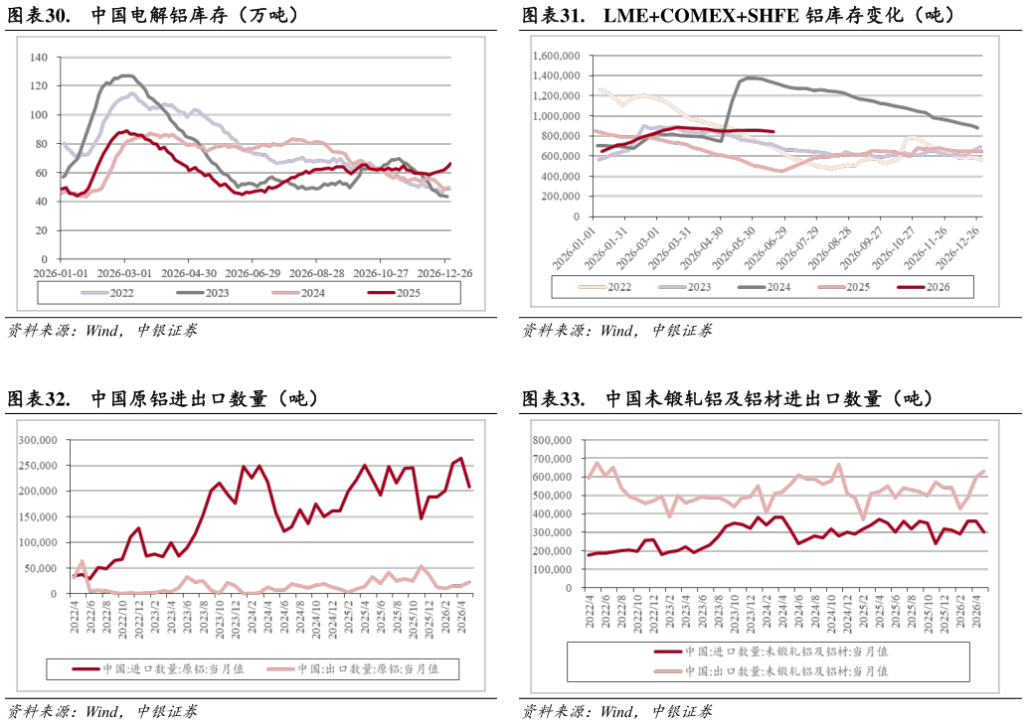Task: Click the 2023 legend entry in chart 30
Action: pyautogui.click(x=203, y=293)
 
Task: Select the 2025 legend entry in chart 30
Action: pyautogui.click(x=394, y=293)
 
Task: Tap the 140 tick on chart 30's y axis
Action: pyautogui.click(x=39, y=58)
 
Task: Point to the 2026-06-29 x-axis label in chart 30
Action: pyautogui.click(x=253, y=273)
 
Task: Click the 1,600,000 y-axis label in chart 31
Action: pyautogui.click(x=556, y=57)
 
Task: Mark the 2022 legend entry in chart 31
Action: pyautogui.click(x=604, y=287)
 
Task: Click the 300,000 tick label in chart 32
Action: pyautogui.click(x=38, y=440)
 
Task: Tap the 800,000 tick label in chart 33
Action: pyautogui.click(x=552, y=440)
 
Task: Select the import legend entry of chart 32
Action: pyautogui.click(x=158, y=668)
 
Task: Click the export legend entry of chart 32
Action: pyautogui.click(x=353, y=668)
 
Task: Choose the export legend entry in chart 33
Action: pyautogui.click(x=770, y=671)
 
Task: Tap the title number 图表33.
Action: pyautogui.click(x=554, y=398)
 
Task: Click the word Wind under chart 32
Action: pyautogui.click(x=101, y=711)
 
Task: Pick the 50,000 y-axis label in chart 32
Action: pyautogui.click(x=41, y=568)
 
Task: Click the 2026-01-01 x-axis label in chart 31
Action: pyautogui.click(x=574, y=248)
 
